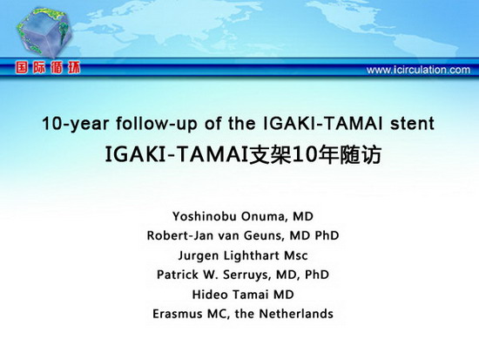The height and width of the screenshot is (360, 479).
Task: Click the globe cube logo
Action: [44, 33]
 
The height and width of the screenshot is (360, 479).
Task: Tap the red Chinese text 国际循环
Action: [48, 68]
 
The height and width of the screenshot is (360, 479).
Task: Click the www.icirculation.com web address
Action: [418, 70]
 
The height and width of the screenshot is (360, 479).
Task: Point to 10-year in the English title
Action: [76, 124]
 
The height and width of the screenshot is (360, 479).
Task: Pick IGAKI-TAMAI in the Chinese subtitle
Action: [176, 155]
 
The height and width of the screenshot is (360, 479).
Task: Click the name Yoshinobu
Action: [203, 216]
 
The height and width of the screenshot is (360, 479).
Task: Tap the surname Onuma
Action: [264, 216]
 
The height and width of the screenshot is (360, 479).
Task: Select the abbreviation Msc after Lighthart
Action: [296, 255]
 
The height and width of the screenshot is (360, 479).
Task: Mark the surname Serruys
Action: [246, 275]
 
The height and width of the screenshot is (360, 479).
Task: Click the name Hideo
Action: [210, 295]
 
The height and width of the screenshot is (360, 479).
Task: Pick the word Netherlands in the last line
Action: [296, 314]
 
